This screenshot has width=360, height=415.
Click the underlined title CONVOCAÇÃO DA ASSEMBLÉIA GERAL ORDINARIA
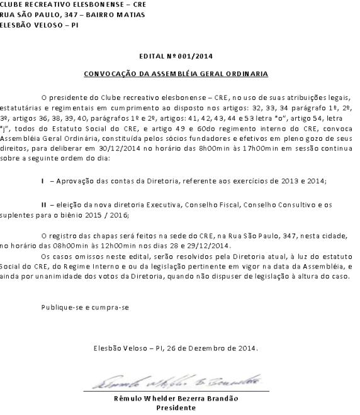(179, 74)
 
